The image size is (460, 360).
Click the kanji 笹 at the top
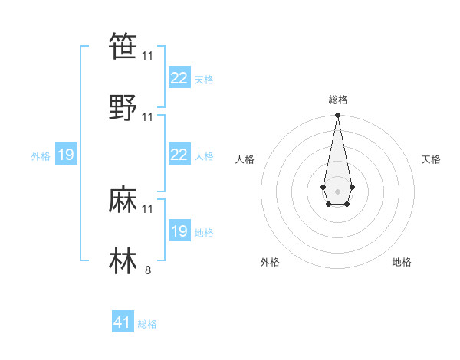pyautogui.click(x=123, y=47)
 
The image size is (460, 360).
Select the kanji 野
pyautogui.click(x=123, y=108)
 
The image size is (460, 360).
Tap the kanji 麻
pyautogui.click(x=123, y=199)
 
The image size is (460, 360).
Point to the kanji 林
pyautogui.click(x=123, y=260)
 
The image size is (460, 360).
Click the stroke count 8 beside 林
pyautogui.click(x=148, y=270)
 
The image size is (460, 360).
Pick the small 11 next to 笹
pyautogui.click(x=148, y=56)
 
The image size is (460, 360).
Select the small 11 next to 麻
pyautogui.click(x=148, y=208)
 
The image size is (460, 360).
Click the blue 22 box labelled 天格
pyautogui.click(x=179, y=78)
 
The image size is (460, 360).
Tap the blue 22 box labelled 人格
pyautogui.click(x=179, y=155)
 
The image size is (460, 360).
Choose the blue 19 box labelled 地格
pyautogui.click(x=179, y=231)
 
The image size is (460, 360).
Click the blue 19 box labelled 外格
pyautogui.click(x=65, y=155)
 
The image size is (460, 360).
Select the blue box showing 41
pyautogui.click(x=123, y=322)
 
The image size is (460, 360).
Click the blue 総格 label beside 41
pyautogui.click(x=147, y=324)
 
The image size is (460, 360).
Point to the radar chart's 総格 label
pyautogui.click(x=337, y=100)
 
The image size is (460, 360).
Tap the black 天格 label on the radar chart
pyautogui.click(x=431, y=159)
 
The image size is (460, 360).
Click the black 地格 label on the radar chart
pyautogui.click(x=402, y=262)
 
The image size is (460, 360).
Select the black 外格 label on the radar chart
pyautogui.click(x=270, y=262)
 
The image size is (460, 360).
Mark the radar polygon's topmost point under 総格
pyautogui.click(x=337, y=116)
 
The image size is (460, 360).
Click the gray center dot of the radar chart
pyautogui.click(x=337, y=191)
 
